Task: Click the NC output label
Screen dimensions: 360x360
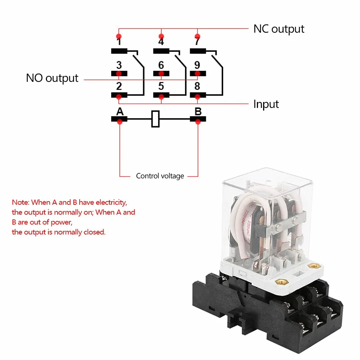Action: coord(279,29)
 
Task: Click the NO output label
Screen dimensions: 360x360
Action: coord(52,78)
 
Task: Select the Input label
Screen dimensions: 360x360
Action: coord(266,104)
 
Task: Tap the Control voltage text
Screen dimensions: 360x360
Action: coord(160,176)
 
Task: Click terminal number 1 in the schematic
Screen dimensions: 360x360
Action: coord(119,41)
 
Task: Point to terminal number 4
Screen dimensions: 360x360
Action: coord(161,41)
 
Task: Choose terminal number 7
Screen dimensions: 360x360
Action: coord(197,41)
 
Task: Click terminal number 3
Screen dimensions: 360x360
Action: coord(119,65)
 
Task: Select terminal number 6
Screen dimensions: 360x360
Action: coord(161,65)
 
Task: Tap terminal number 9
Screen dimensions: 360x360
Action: coord(197,65)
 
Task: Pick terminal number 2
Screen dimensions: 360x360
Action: coord(119,86)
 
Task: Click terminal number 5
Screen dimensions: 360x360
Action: coord(161,86)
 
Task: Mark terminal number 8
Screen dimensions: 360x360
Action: coord(197,86)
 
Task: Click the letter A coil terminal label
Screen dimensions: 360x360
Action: coord(120,112)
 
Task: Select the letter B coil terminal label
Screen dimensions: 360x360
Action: coord(198,112)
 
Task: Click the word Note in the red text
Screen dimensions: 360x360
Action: coord(21,203)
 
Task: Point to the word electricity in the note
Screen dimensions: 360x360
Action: coord(111,203)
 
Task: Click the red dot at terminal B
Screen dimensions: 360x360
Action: coord(198,122)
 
